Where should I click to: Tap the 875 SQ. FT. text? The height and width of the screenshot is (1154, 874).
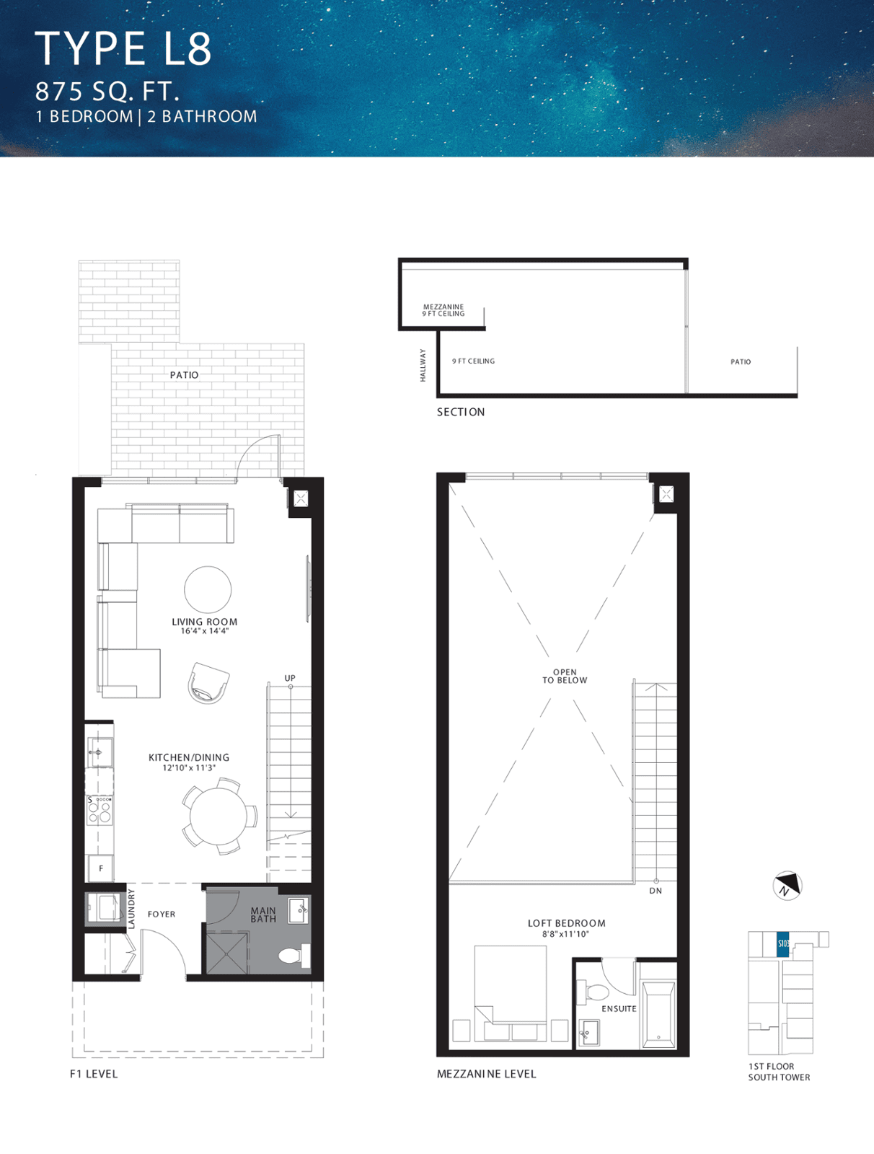click(x=107, y=92)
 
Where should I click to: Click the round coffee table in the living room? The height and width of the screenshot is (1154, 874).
click(x=208, y=589)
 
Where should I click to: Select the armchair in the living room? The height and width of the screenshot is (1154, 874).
click(x=208, y=683)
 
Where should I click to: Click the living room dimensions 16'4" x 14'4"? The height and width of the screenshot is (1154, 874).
click(x=205, y=631)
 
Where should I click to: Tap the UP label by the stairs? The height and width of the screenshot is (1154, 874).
click(x=290, y=678)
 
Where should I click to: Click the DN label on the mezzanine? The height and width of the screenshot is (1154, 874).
click(x=655, y=891)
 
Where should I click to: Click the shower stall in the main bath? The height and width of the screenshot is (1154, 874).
click(x=227, y=953)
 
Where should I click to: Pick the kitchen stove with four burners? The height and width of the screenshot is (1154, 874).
click(x=100, y=810)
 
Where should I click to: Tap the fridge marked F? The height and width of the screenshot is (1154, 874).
click(x=100, y=868)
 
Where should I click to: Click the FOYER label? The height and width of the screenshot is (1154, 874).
click(x=162, y=915)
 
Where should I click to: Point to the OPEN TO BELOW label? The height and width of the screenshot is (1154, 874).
click(x=565, y=676)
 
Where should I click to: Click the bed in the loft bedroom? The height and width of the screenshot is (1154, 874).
click(x=511, y=992)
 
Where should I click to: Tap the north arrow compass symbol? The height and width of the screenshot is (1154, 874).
click(x=787, y=886)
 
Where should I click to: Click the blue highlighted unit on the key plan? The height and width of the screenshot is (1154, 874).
click(x=783, y=943)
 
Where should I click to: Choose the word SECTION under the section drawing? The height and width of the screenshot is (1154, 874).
click(x=461, y=412)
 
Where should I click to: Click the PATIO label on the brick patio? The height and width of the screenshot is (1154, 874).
click(x=184, y=375)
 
